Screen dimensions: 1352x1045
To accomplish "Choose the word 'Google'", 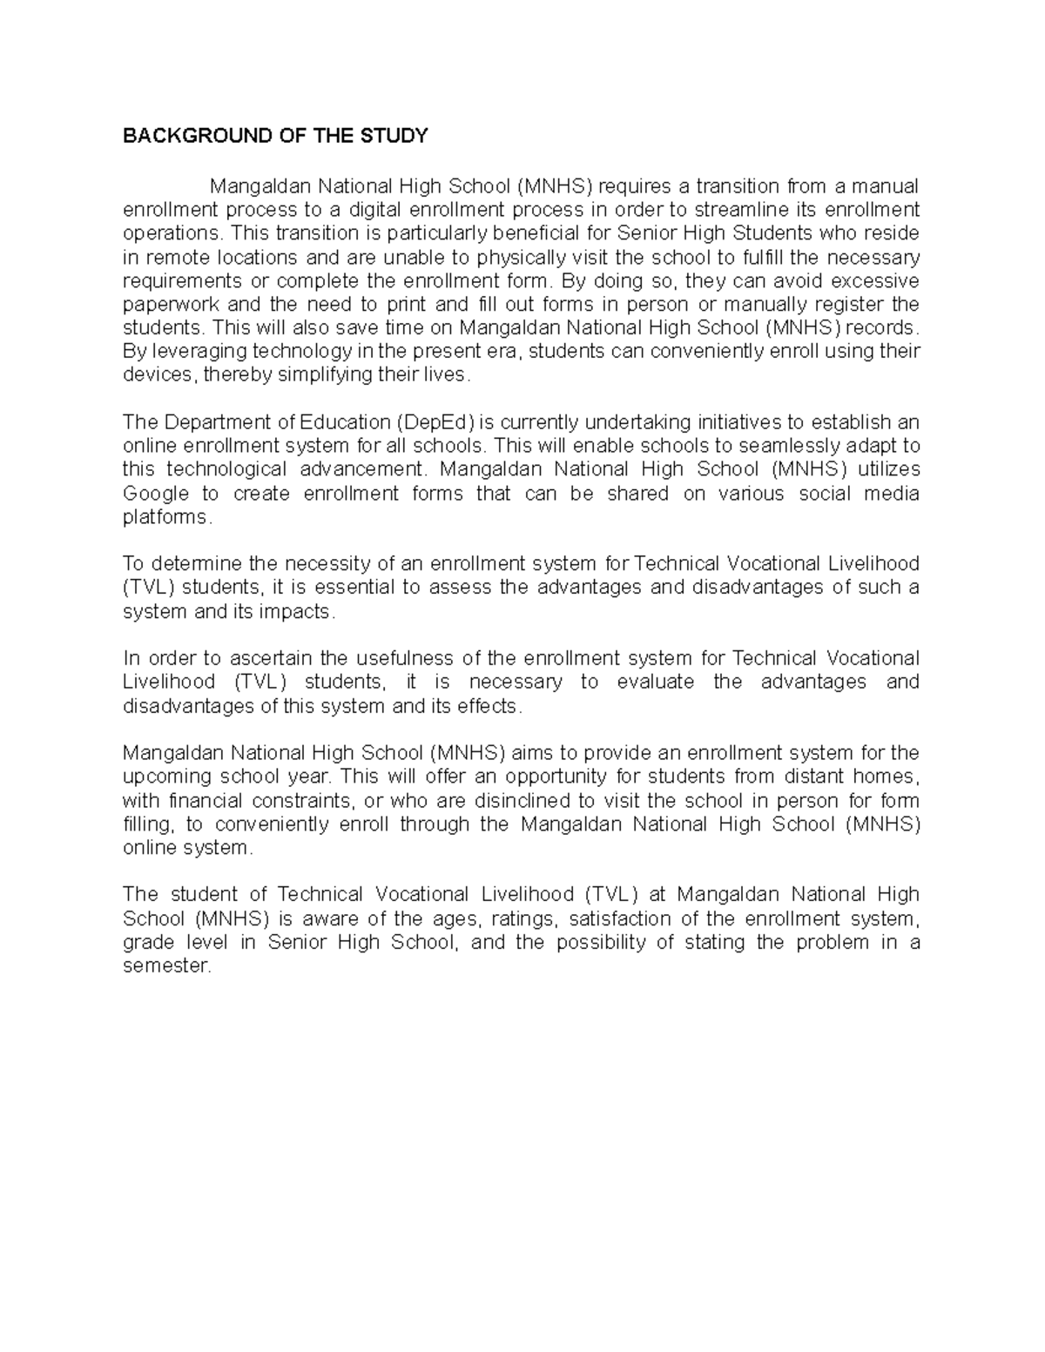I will click(156, 494).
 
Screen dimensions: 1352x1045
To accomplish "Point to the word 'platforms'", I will click(165, 517).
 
